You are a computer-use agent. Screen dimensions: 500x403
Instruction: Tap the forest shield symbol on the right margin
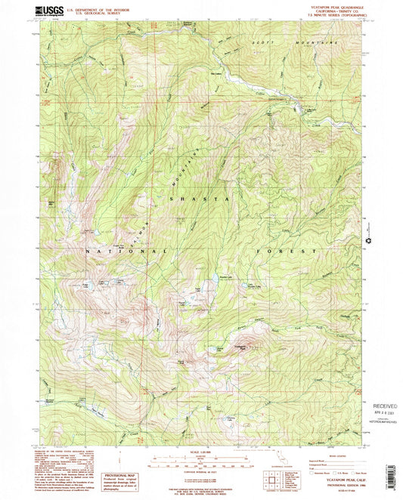(368, 241)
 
